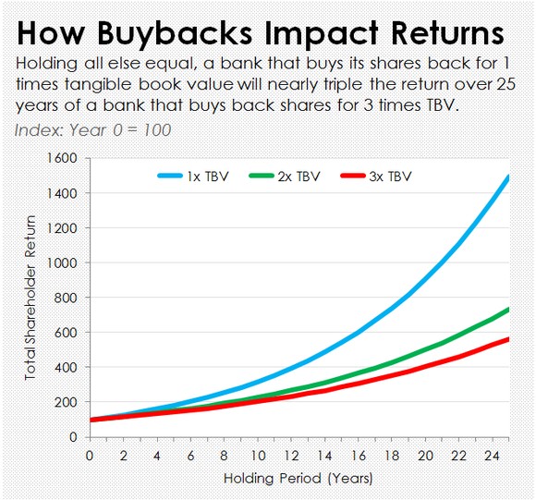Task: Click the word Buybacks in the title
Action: (x=175, y=33)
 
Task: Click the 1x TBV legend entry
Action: (x=193, y=177)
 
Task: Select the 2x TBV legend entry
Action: (x=285, y=177)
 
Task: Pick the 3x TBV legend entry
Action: (x=376, y=177)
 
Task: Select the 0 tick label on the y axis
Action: (x=73, y=437)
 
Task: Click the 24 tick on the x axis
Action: (x=492, y=456)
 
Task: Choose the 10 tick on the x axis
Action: (x=258, y=456)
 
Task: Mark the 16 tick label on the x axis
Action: (x=359, y=456)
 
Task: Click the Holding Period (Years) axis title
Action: (x=298, y=478)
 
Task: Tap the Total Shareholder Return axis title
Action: (x=30, y=298)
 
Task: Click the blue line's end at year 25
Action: (x=509, y=177)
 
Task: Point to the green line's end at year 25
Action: (x=509, y=310)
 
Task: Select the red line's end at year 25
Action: (x=509, y=339)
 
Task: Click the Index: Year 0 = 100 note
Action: (x=92, y=130)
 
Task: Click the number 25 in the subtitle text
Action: (x=506, y=84)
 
